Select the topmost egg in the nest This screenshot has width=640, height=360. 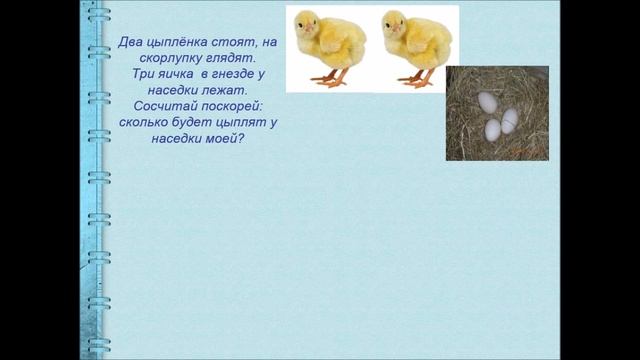click(x=487, y=101)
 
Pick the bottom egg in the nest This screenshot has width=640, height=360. click(x=492, y=130)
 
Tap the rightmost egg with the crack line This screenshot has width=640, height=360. click(x=509, y=120)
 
